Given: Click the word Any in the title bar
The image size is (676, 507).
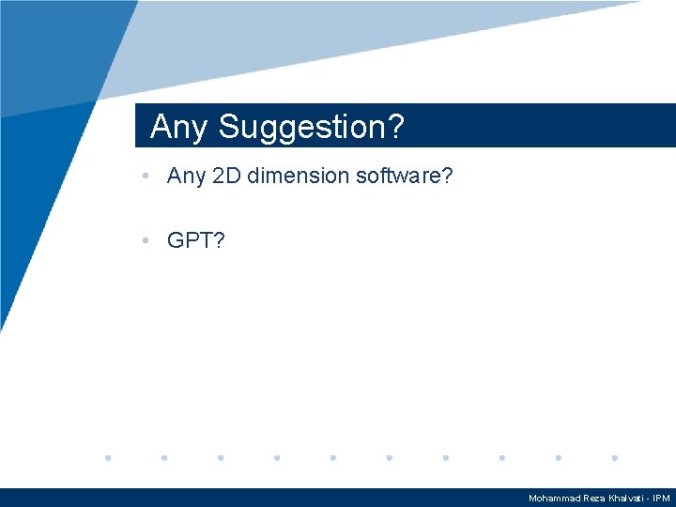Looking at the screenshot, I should (x=178, y=127).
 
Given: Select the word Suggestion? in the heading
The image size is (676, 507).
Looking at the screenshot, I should (x=311, y=127).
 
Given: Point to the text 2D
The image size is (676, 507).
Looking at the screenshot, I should (x=227, y=176).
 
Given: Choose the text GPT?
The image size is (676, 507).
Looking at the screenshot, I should (x=195, y=241).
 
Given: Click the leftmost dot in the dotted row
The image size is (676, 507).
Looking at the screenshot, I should (x=108, y=458).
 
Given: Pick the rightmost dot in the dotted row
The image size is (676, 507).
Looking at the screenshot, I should (x=614, y=458).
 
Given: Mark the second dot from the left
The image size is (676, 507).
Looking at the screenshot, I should (x=164, y=458).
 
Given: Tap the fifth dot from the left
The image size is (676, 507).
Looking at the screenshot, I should (x=333, y=458).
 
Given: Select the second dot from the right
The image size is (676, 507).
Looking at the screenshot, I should (x=558, y=458).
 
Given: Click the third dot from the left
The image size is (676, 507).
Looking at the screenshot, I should (x=221, y=458).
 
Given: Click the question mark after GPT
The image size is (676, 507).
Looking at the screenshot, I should (x=219, y=241).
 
